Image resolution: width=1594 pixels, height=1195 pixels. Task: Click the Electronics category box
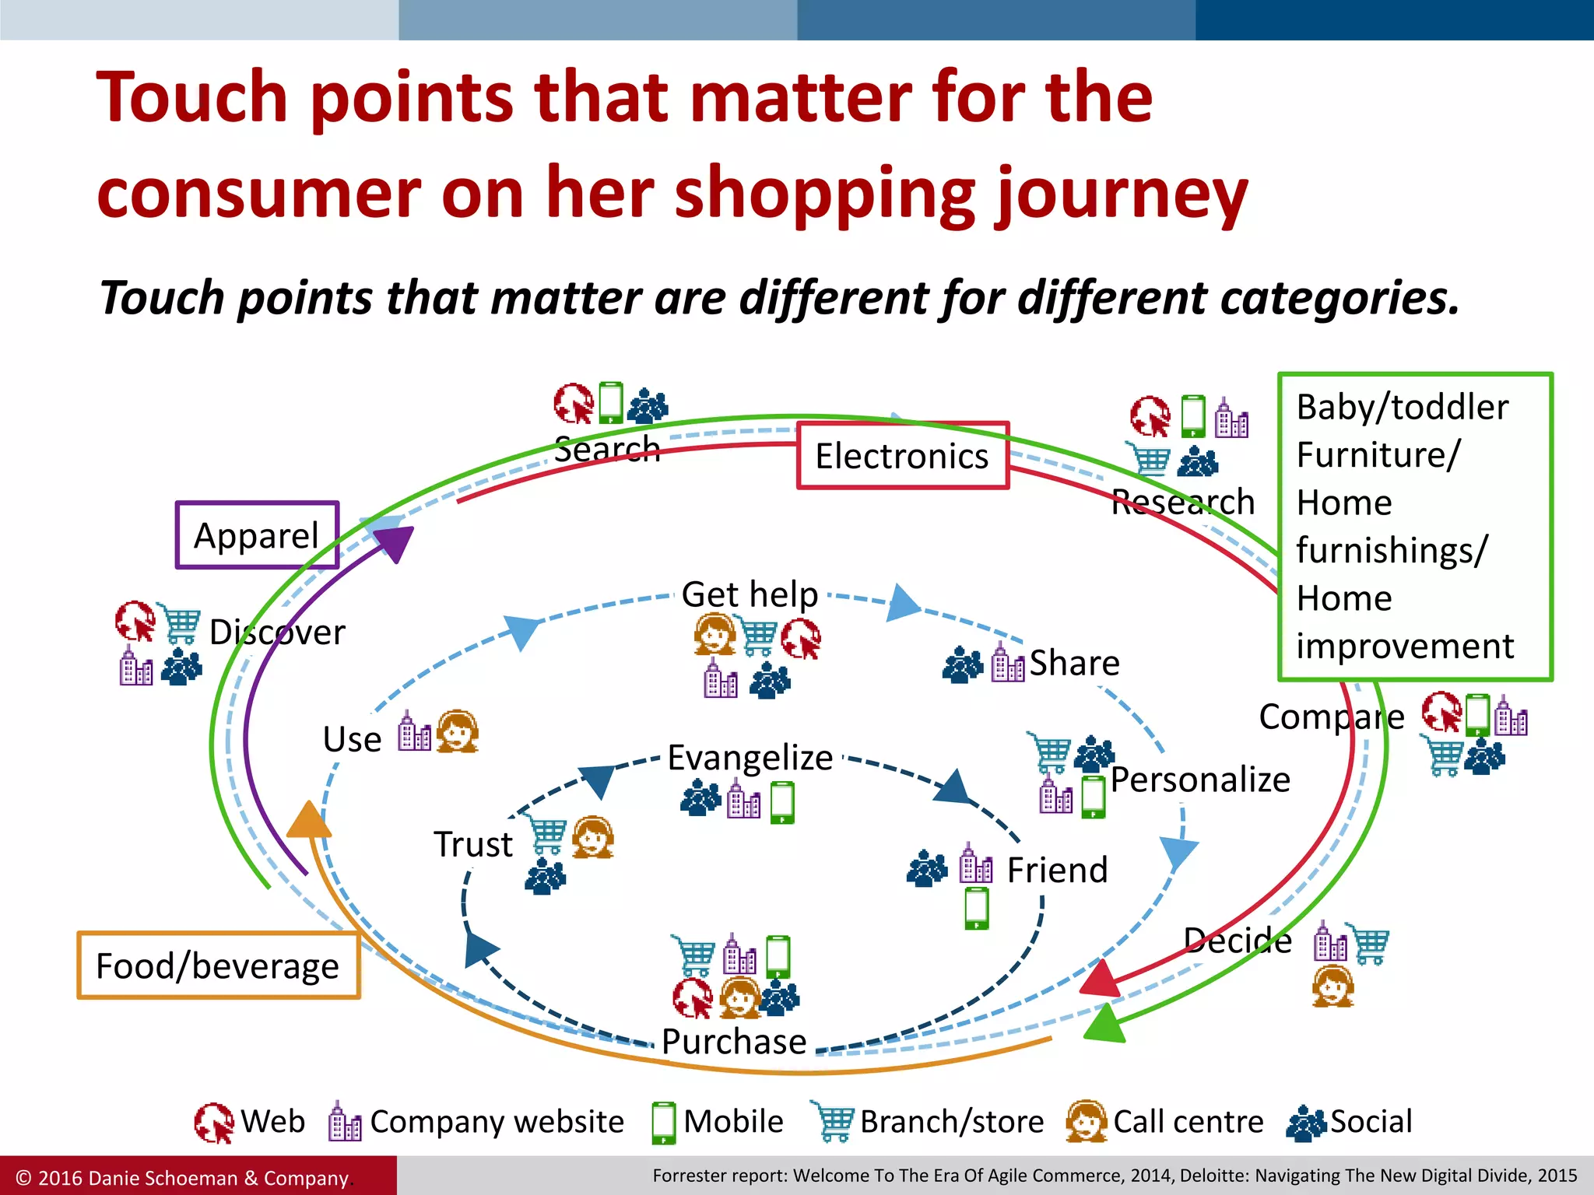(x=902, y=456)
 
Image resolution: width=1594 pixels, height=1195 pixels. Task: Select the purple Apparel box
(x=257, y=535)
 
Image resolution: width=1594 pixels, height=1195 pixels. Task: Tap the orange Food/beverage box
(x=218, y=965)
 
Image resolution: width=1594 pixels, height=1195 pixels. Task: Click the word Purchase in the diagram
(x=734, y=1041)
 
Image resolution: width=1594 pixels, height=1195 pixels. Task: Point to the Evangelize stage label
(x=750, y=757)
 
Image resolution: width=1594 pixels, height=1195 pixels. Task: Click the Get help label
(x=750, y=594)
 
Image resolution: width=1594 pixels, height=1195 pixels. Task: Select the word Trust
(x=473, y=844)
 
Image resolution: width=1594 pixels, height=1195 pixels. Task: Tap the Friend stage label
(x=1057, y=870)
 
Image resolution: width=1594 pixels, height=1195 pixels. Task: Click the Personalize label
(x=1199, y=779)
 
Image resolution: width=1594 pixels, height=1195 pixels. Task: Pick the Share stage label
(x=1074, y=663)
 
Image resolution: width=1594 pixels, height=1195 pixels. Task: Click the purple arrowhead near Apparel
(x=396, y=542)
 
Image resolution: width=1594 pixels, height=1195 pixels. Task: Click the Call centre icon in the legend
(x=1086, y=1122)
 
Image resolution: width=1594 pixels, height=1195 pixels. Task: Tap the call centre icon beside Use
(x=457, y=731)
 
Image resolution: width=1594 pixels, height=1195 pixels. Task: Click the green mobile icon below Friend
(x=976, y=908)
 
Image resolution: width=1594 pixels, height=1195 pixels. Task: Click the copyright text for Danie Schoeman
(x=183, y=1178)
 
